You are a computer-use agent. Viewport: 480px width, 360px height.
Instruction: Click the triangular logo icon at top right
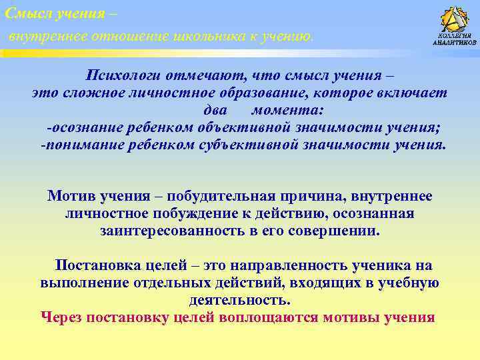point(455,19)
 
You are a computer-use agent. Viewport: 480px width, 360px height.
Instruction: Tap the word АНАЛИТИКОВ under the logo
point(455,42)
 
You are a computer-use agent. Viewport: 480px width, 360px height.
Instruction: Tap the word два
point(214,110)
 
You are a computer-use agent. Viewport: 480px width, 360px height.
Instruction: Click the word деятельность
point(239,300)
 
